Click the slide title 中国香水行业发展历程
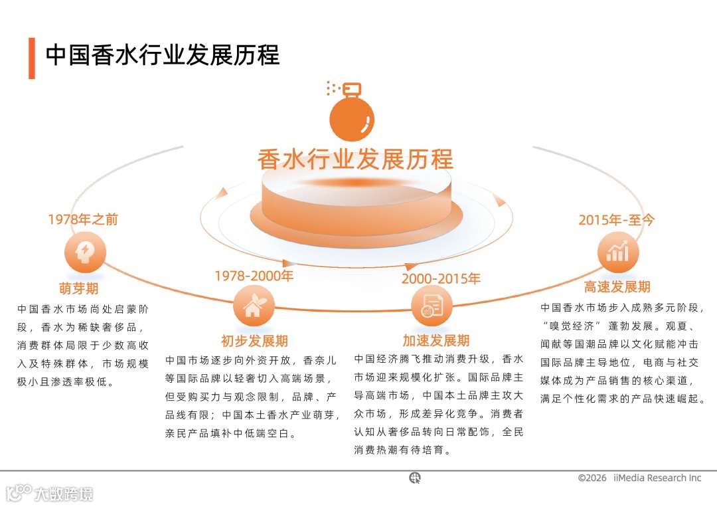[163, 55]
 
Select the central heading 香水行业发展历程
[355, 159]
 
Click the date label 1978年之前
[83, 219]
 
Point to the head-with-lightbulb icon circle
[85, 253]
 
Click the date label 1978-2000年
[254, 275]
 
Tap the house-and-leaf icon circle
[254, 307]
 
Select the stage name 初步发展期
[254, 341]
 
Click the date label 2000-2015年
[441, 278]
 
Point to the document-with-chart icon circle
[432, 307]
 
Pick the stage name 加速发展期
[436, 341]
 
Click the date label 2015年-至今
[616, 219]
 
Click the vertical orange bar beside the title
[32, 58]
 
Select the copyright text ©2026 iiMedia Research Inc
[639, 478]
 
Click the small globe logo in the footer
[415, 477]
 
